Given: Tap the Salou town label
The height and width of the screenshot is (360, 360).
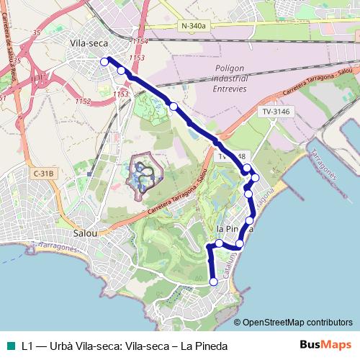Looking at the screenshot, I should (89, 234).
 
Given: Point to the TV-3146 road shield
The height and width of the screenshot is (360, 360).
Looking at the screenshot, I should (276, 112).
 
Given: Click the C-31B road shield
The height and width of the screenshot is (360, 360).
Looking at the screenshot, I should (43, 173).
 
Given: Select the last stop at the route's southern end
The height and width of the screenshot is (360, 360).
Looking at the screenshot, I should (213, 282).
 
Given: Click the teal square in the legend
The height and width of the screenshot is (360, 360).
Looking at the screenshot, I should (9, 346).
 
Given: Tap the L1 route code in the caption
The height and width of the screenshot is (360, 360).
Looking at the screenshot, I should (28, 346).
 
